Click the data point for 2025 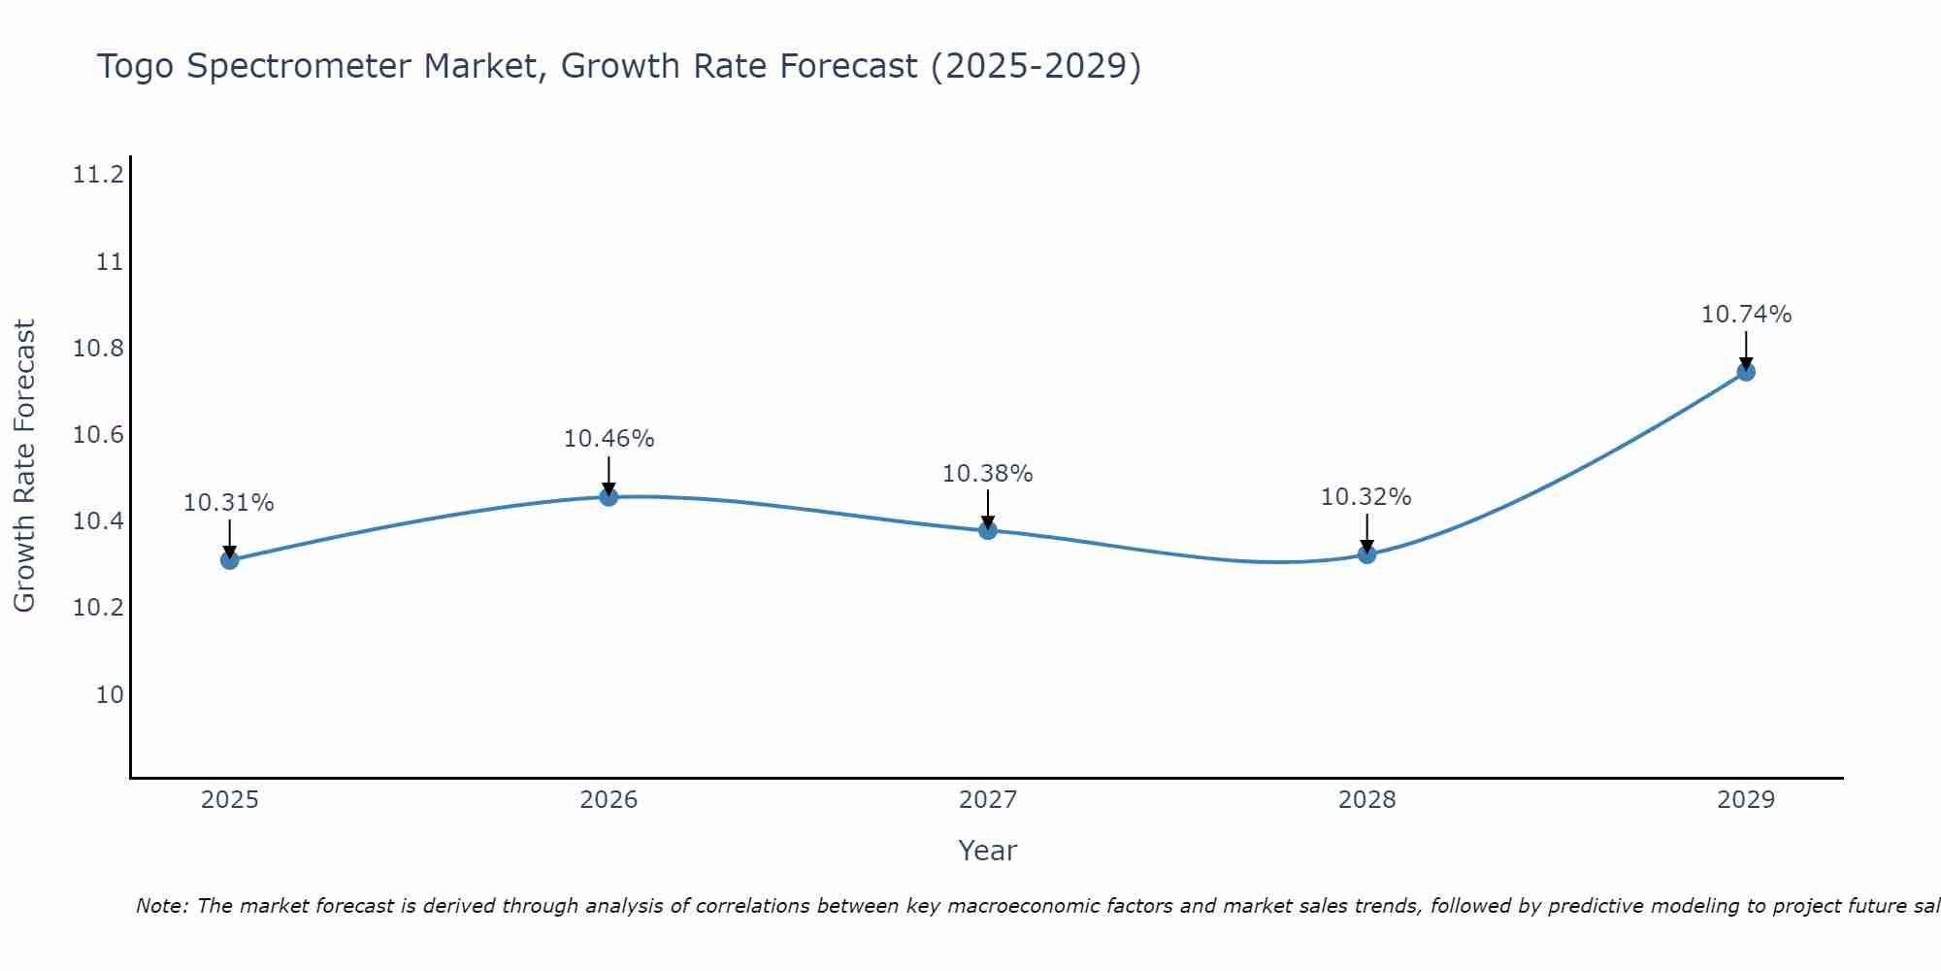pyautogui.click(x=230, y=559)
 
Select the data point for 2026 pyautogui.click(x=609, y=496)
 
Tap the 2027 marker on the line pyautogui.click(x=988, y=529)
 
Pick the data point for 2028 pyautogui.click(x=1366, y=554)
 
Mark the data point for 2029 pyautogui.click(x=1746, y=371)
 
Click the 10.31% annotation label pyautogui.click(x=229, y=503)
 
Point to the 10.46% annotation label pyautogui.click(x=609, y=439)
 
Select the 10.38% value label pyautogui.click(x=988, y=474)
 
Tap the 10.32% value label pyautogui.click(x=1366, y=497)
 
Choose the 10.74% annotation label pyautogui.click(x=1746, y=315)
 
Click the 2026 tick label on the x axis pyautogui.click(x=609, y=800)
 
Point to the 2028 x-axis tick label pyautogui.click(x=1366, y=800)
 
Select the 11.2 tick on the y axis pyautogui.click(x=98, y=175)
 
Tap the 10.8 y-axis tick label pyautogui.click(x=98, y=348)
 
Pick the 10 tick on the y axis pyautogui.click(x=110, y=694)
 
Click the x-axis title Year pyautogui.click(x=987, y=851)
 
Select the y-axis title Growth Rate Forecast pyautogui.click(x=24, y=465)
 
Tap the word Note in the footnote pyautogui.click(x=160, y=906)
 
